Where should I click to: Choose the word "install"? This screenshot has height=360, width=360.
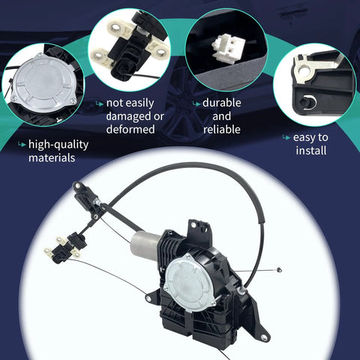310,151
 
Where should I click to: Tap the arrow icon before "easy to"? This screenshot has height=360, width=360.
286,138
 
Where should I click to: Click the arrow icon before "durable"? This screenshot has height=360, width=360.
196,103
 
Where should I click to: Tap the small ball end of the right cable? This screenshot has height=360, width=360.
279,269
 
